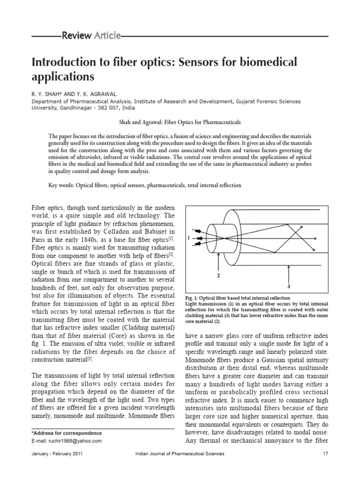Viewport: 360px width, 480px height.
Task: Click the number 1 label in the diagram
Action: [x=188, y=238]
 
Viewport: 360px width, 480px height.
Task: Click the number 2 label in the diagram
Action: [x=218, y=276]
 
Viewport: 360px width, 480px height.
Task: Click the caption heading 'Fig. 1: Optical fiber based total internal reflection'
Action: [x=238, y=298]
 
